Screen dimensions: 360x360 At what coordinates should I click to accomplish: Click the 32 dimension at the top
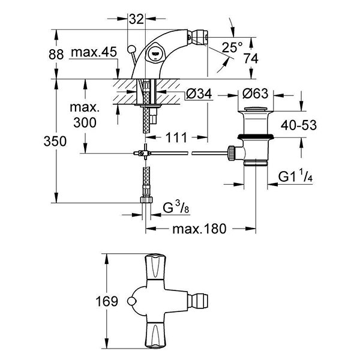pos(137,19)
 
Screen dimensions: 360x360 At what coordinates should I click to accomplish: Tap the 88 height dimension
pos(56,53)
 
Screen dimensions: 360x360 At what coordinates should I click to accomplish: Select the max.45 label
pos(93,53)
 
